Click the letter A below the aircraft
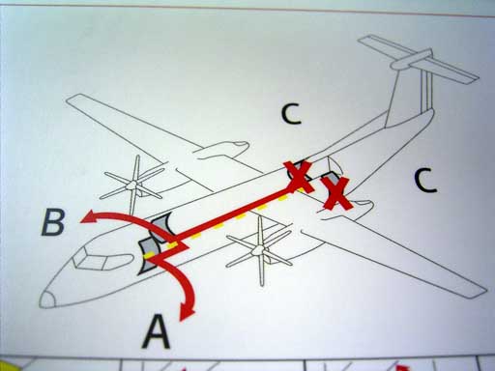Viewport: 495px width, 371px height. [156, 331]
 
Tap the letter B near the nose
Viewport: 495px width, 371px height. [53, 222]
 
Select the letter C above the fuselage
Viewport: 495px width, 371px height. [291, 114]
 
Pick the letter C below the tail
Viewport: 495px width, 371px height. [425, 181]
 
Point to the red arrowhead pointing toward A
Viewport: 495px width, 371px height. [187, 311]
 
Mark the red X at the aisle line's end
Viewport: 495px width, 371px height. [298, 177]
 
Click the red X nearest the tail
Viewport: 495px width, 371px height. [337, 194]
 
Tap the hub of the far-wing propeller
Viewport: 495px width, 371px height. [132, 185]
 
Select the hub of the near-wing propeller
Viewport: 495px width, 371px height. [259, 250]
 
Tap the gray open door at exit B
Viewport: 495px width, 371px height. [162, 227]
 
